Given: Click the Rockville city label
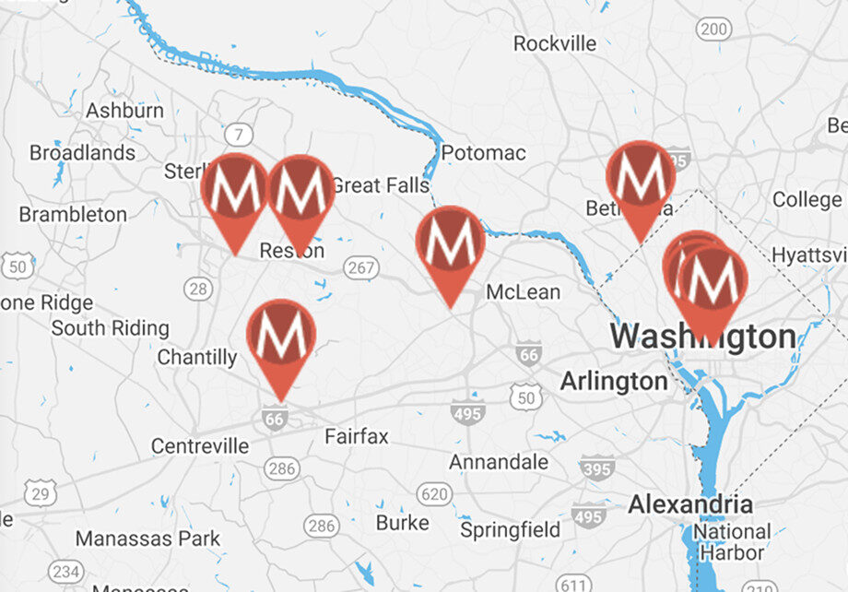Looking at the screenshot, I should point(555,43).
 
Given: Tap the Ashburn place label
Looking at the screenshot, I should point(124,111).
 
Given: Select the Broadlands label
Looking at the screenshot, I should point(82,153).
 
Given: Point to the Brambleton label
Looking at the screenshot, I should point(73,214).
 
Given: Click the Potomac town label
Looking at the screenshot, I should point(484,153).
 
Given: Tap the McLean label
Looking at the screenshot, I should point(523,292).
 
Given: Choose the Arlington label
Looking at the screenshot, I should point(614,381).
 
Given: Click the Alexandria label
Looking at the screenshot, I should point(690,504).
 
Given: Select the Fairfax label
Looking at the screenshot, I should point(357,435).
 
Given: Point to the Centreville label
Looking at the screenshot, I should point(200,446).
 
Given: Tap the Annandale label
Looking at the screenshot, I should point(499,462).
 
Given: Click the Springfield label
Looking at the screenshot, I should point(510,530).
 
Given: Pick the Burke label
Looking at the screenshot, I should point(403,523).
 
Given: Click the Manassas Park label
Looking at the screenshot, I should point(147,539).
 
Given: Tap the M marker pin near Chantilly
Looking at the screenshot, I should point(281,337).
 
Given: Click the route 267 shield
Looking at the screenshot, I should point(359,266).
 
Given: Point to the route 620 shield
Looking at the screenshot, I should point(433,495).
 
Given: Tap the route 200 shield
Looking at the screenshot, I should point(713,30).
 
